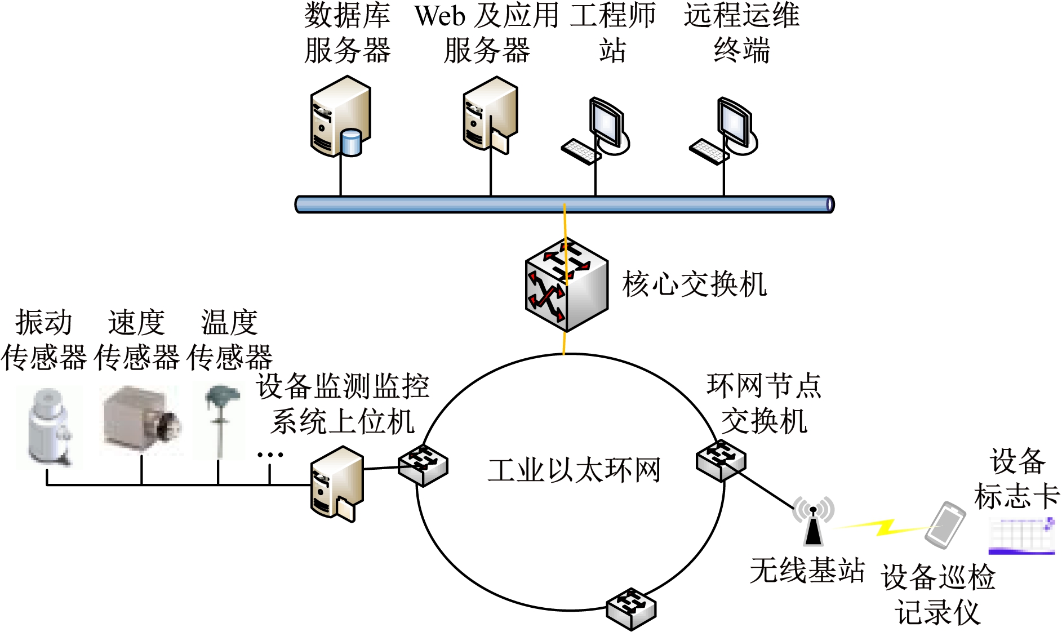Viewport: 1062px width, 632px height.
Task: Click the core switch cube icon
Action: pos(566,284)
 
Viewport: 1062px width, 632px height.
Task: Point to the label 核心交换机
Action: pos(694,284)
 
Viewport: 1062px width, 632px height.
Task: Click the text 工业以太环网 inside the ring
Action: pos(574,470)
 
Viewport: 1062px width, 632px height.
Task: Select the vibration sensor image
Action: pos(50,427)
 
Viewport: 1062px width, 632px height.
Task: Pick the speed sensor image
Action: pos(141,420)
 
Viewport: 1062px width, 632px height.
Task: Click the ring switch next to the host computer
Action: pos(423,465)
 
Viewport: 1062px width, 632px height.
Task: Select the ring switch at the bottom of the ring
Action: pos(631,608)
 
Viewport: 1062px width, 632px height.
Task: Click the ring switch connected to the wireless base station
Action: pos(721,460)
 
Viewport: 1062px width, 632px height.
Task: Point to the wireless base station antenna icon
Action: pos(813,521)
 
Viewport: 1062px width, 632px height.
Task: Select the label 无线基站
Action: pos(807,570)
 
